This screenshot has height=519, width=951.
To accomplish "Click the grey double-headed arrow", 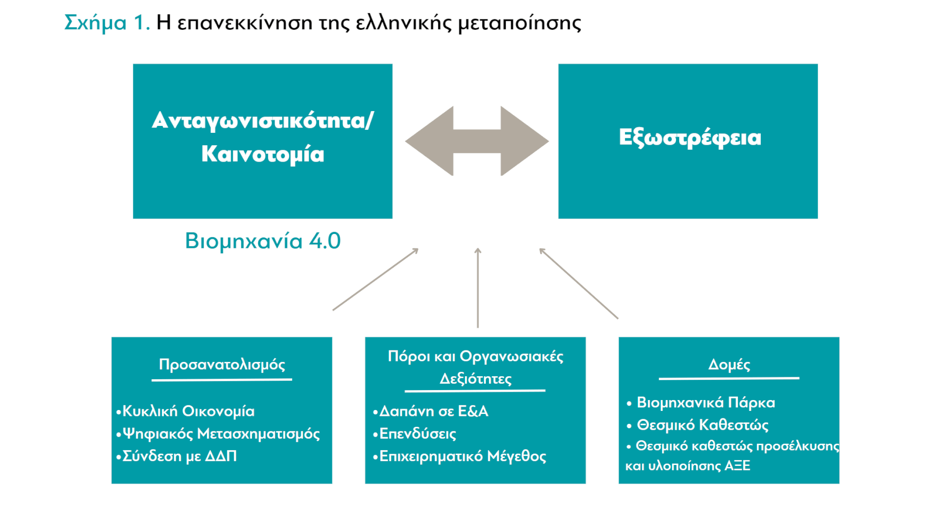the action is [476, 141].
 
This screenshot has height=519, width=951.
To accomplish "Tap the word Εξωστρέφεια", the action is [689, 138].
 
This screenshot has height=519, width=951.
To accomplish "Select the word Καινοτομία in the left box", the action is [263, 154].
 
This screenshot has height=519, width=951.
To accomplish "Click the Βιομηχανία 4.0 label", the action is [263, 241].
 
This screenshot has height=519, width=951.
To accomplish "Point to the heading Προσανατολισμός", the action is [222, 365].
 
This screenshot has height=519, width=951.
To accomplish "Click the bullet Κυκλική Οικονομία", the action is [185, 411].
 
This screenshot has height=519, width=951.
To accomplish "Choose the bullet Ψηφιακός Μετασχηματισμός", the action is [218, 434].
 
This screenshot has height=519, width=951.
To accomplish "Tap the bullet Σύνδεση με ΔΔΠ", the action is [176, 456].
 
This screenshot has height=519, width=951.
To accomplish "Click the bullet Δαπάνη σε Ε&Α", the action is [430, 411].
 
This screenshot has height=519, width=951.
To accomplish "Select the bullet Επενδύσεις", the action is [415, 434].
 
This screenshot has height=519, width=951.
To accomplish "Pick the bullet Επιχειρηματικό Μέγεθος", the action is [460, 456].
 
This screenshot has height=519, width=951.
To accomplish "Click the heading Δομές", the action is [729, 365].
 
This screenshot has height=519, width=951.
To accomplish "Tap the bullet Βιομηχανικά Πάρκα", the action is [701, 403].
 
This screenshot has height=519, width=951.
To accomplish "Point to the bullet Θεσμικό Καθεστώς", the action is [697, 425].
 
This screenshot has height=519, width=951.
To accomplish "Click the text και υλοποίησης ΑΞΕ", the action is [688, 466].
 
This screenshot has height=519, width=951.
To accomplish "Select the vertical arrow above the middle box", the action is [477, 288].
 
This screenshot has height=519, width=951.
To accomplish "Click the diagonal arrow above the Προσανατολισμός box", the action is [375, 280].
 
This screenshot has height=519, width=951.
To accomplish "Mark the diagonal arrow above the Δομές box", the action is [579, 284].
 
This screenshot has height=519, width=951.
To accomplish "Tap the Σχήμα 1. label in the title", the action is [107, 23].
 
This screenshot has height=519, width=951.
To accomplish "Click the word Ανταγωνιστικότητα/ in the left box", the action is [263, 120].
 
